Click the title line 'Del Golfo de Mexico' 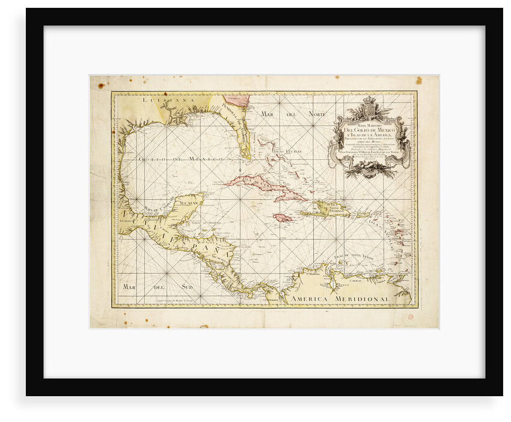[x=368, y=131]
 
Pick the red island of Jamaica [x=282, y=218]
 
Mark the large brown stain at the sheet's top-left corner [x=101, y=85]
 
